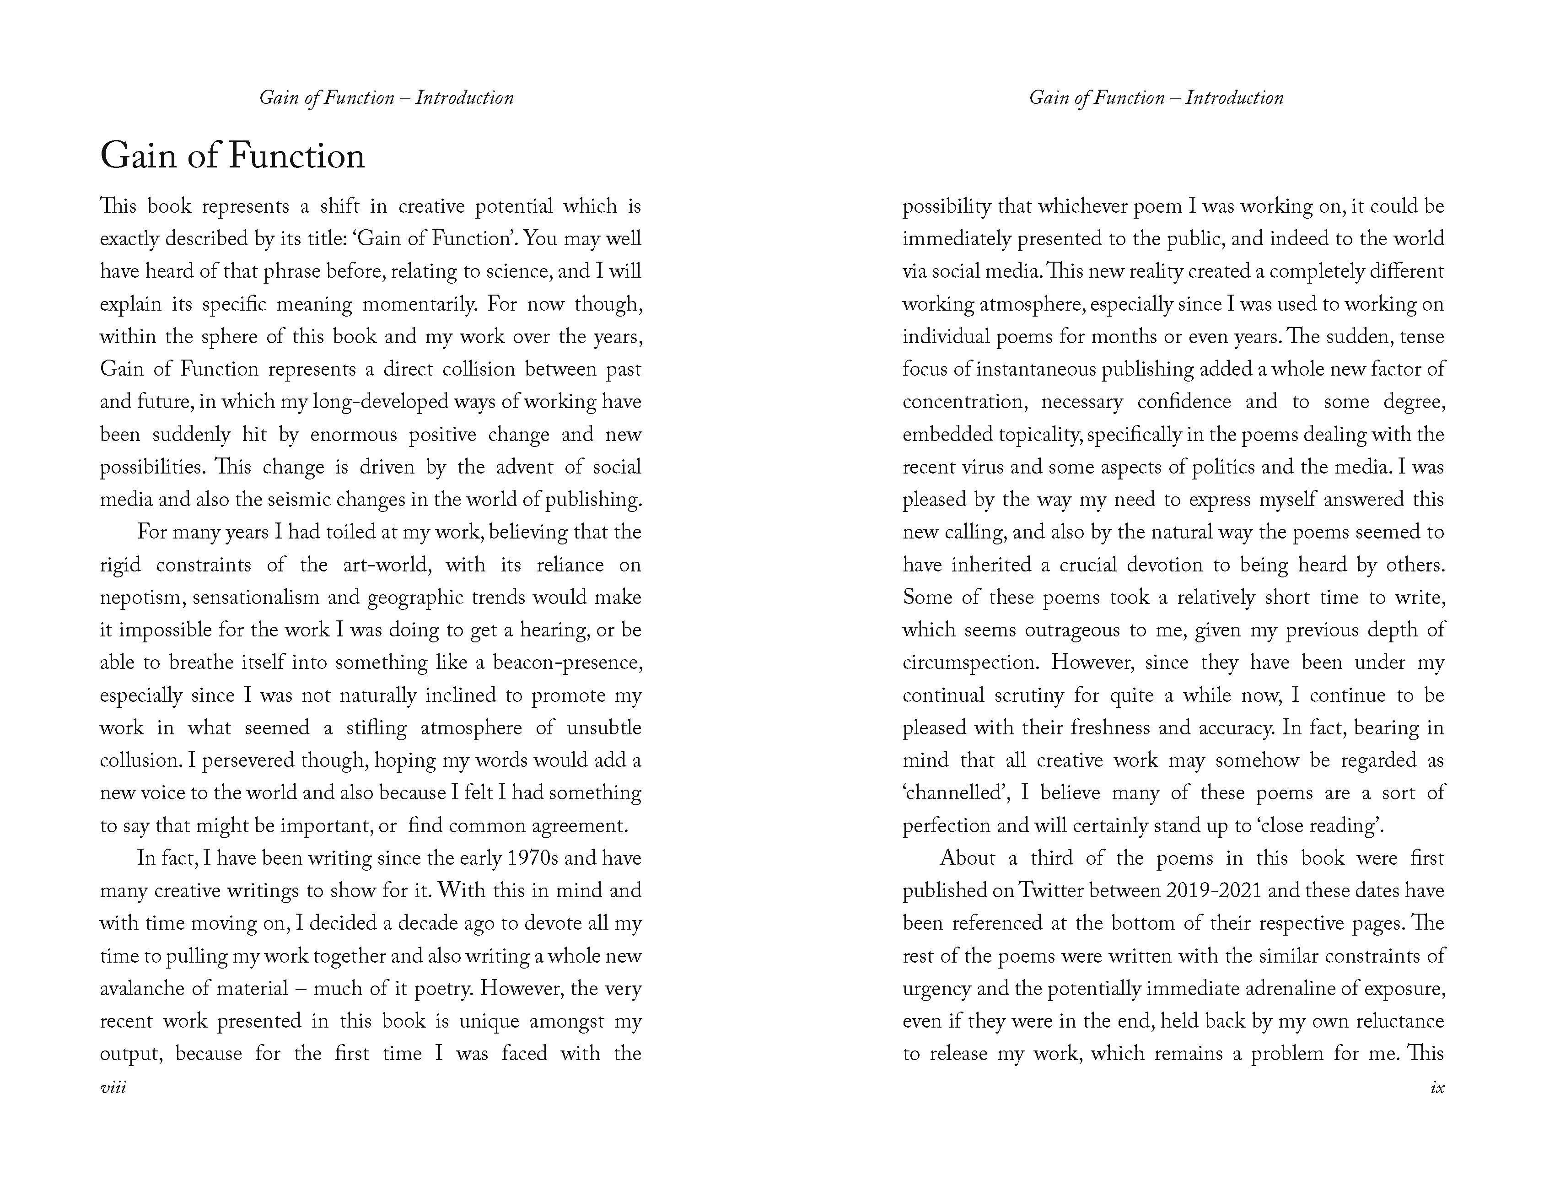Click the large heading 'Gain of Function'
pyautogui.click(x=232, y=156)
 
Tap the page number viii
pyautogui.click(x=113, y=1087)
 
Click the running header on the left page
pyautogui.click(x=386, y=97)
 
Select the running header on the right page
pyautogui.click(x=1156, y=97)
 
